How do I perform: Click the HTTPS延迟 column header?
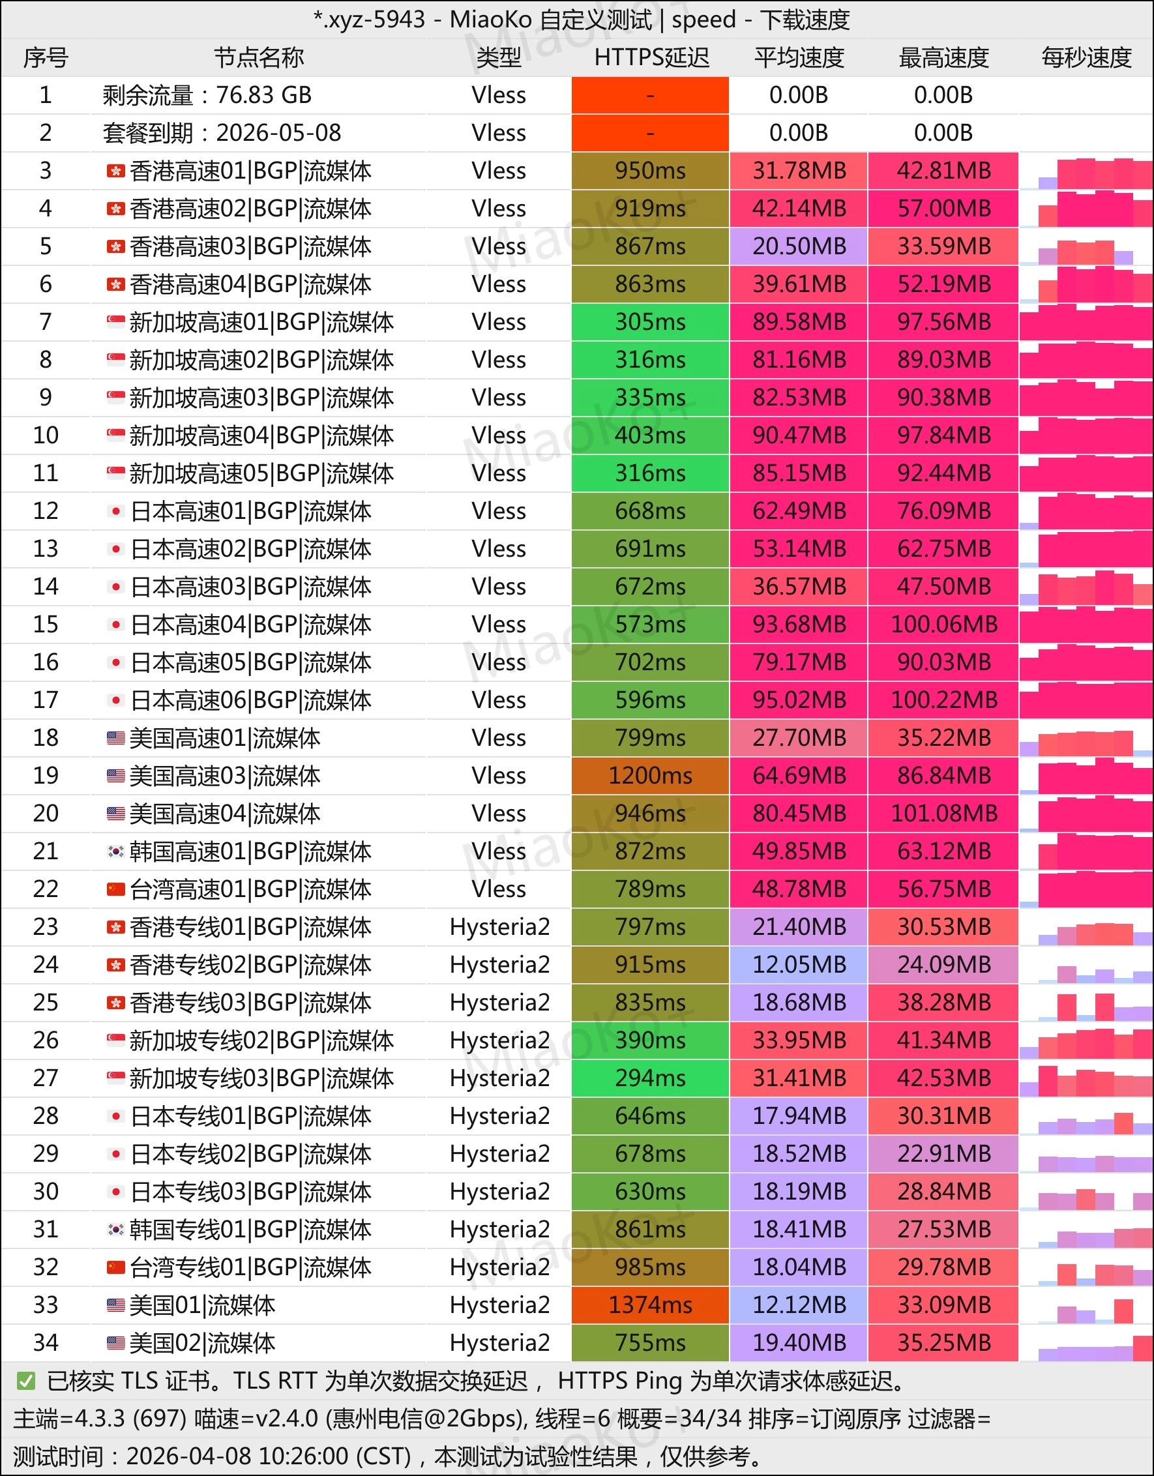[651, 58]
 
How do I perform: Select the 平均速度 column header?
[799, 58]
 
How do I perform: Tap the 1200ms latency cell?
[651, 776]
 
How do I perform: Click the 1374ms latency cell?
[651, 1305]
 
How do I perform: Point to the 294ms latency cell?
[651, 1078]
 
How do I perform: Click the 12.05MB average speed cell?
[799, 964]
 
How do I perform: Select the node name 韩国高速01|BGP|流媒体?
[250, 851]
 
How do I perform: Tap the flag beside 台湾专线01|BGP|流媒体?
[115, 1267]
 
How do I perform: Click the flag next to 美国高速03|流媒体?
[115, 776]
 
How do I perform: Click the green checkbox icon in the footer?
[25, 1381]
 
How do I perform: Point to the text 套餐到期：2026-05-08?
[222, 133]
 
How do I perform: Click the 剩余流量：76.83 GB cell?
[207, 95]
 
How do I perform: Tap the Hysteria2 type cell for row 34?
[499, 1343]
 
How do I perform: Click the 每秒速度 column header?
[1086, 58]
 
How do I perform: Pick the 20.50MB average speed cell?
[799, 246]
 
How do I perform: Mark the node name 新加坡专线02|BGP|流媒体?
[261, 1041]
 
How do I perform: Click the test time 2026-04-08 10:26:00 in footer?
[269, 1456]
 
